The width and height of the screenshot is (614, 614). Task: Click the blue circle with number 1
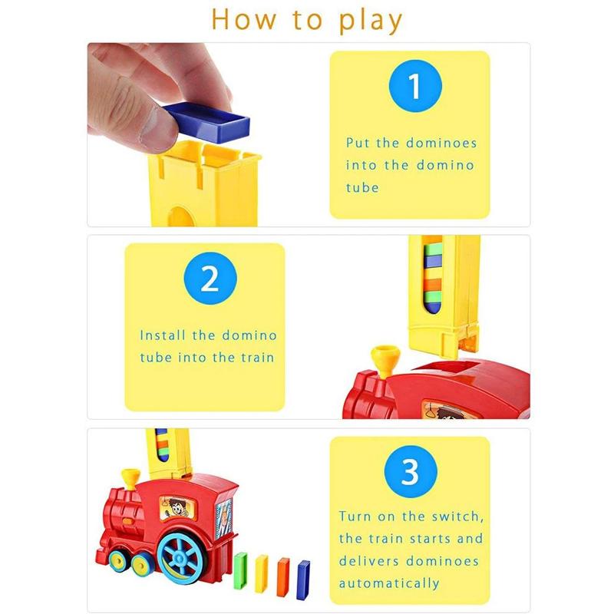pos(415,86)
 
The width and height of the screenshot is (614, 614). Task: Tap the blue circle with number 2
pos(210,279)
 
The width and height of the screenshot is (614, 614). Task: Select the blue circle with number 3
pos(411,471)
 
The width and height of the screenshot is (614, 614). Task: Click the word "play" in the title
pos(371,21)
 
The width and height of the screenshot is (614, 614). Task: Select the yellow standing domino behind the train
pos(262,573)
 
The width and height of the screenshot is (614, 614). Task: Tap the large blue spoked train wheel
pos(180,557)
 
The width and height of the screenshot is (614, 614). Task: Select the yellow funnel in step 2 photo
pos(385,360)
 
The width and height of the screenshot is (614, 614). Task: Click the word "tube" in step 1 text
pos(362,187)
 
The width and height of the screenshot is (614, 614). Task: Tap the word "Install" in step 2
pos(162,335)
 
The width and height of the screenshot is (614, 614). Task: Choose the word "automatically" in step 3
pos(389,583)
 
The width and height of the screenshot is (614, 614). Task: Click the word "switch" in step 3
pos(457,516)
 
